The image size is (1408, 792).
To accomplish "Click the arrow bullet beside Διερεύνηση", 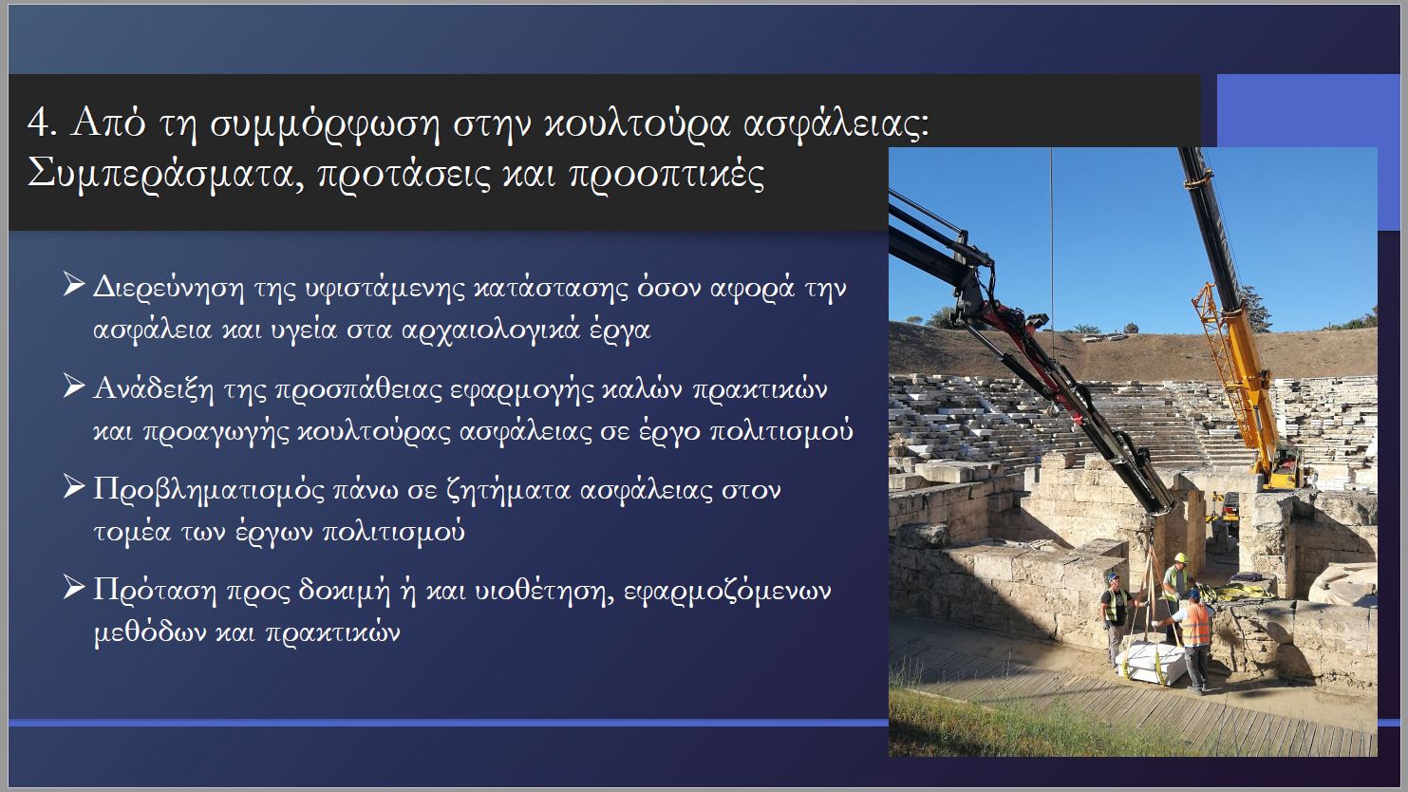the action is (74, 284).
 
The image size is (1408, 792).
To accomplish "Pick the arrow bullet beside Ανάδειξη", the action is (74, 386).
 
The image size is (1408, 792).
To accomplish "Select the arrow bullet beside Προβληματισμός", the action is (74, 486).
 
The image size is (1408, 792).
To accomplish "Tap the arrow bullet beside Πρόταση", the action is (74, 587).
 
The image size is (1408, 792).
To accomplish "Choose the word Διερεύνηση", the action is (168, 288).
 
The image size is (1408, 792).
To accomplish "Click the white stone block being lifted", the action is (1151, 663).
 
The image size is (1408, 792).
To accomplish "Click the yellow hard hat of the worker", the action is (1181, 557).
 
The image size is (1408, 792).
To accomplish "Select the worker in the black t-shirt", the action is (1115, 616).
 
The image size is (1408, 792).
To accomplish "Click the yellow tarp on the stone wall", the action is (1242, 591).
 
